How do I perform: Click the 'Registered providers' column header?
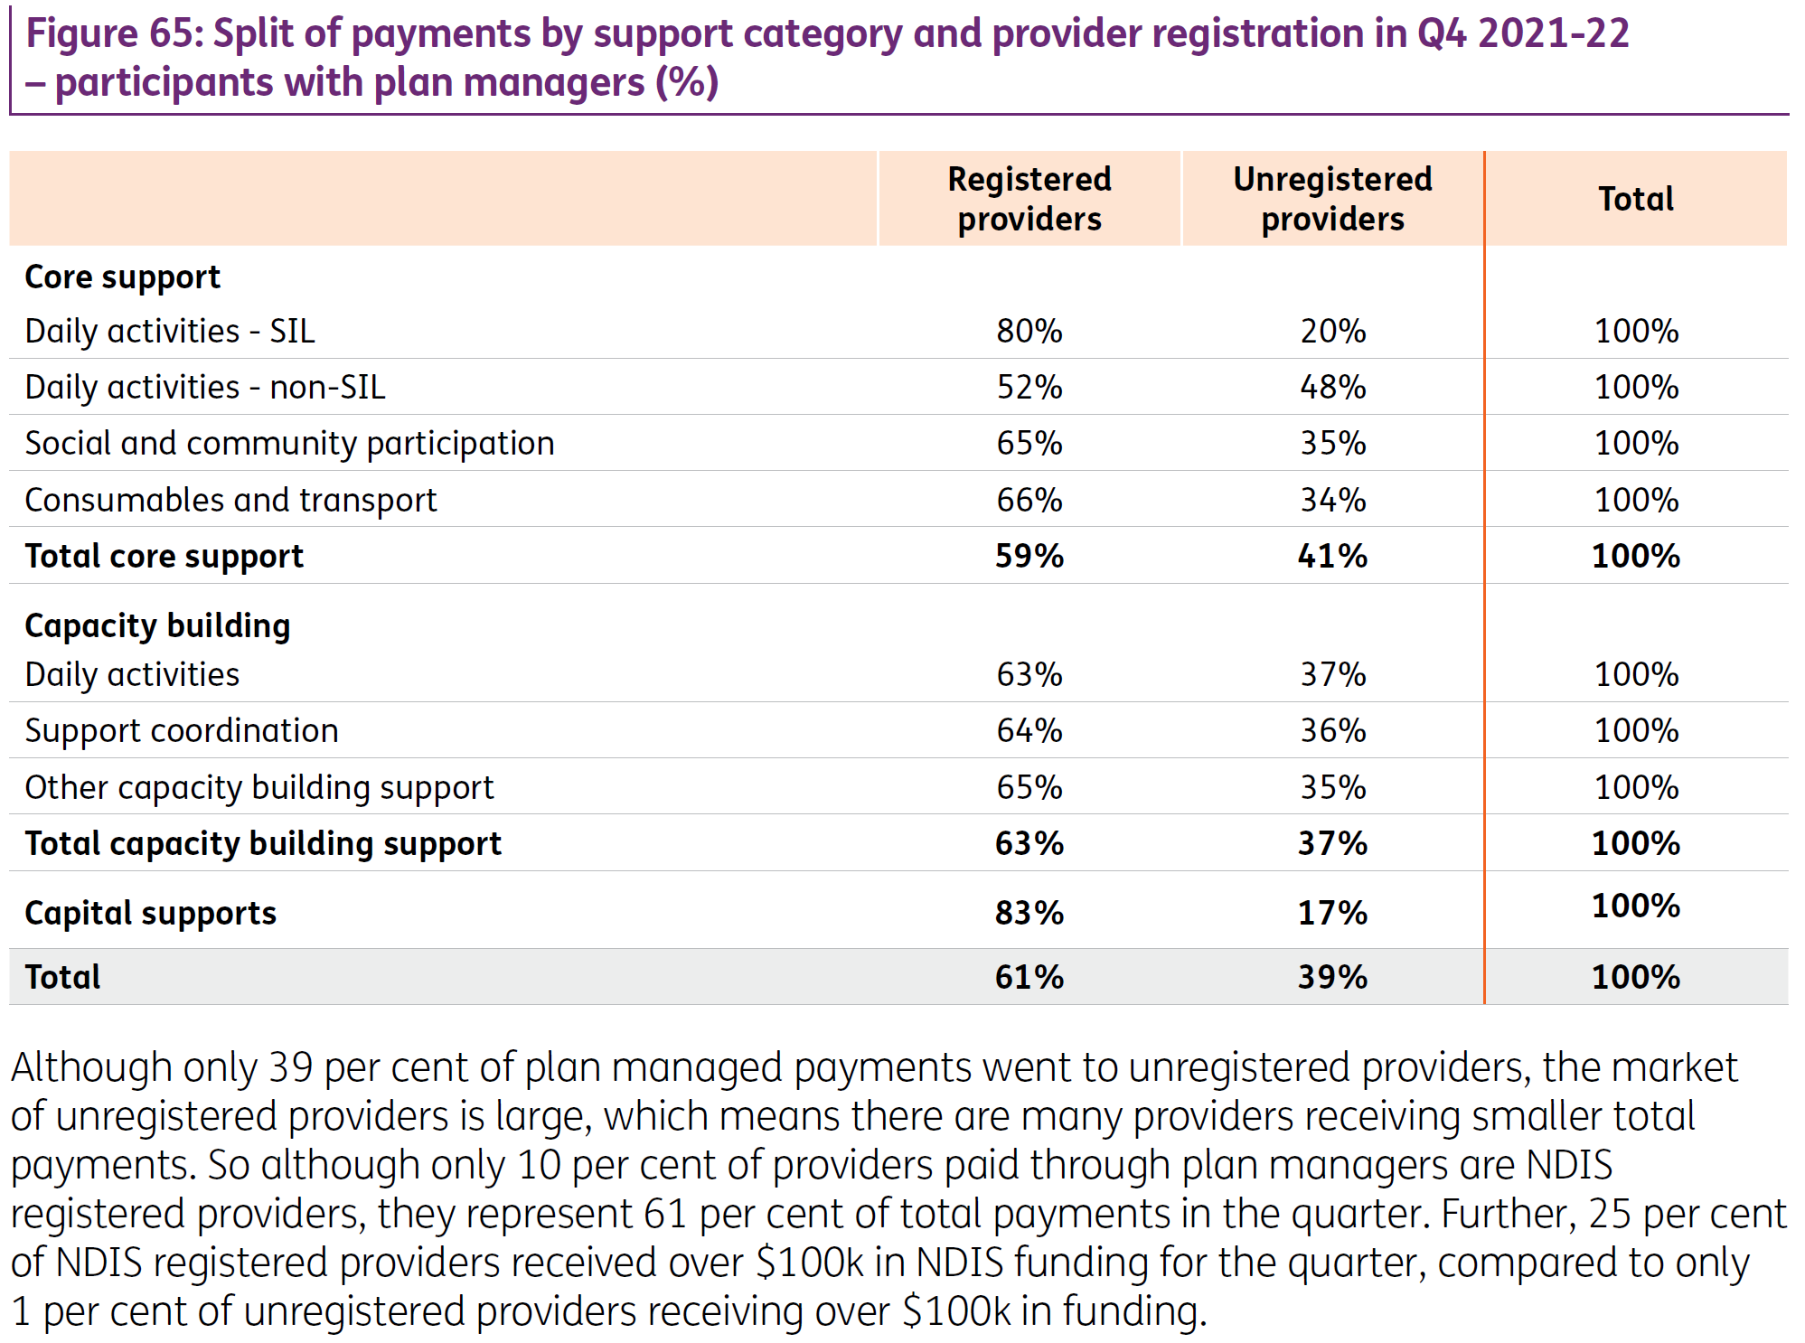tap(1029, 199)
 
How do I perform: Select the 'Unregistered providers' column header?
tap(1333, 199)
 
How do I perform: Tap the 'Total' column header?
tap(1636, 199)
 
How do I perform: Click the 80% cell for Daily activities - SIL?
tap(1029, 331)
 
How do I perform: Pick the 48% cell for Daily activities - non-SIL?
tap(1333, 387)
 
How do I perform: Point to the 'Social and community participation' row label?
tap(289, 444)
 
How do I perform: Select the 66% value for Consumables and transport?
tap(1029, 500)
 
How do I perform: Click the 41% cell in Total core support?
tap(1333, 556)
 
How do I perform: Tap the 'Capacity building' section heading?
tap(157, 625)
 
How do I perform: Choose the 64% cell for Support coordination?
tap(1029, 730)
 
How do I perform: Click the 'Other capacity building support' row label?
tap(259, 788)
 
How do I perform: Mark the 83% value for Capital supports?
tap(1029, 913)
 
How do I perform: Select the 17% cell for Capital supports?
tap(1333, 913)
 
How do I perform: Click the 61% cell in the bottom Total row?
tap(1029, 977)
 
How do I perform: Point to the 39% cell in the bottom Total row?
tap(1333, 977)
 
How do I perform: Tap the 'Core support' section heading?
tap(122, 277)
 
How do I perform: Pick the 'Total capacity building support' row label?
tap(263, 844)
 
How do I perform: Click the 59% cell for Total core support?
tap(1029, 556)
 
